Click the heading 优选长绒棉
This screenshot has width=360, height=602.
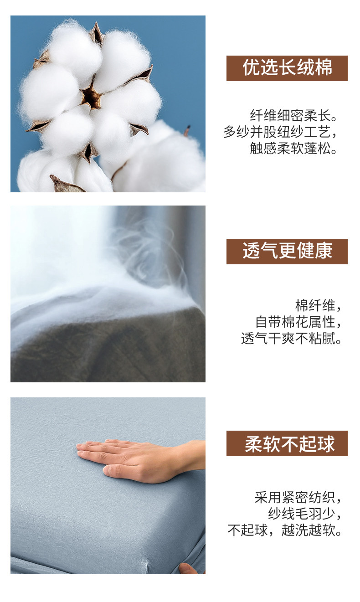[287, 68]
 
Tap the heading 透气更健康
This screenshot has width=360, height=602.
[287, 251]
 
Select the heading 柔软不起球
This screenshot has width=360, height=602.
[289, 443]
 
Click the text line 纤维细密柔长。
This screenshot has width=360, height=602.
[293, 116]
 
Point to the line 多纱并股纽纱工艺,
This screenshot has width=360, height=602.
[280, 132]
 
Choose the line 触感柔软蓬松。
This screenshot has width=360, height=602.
[293, 148]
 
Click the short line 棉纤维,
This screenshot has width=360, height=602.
[318, 306]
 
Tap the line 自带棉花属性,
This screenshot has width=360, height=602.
[298, 322]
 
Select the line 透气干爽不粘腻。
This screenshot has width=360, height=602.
[291, 338]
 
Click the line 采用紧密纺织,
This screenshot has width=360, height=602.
[298, 498]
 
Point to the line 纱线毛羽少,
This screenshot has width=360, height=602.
[305, 514]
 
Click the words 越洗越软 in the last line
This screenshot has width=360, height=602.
[308, 530]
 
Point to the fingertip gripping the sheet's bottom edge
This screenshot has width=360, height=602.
[186, 569]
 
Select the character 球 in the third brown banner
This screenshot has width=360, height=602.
[326, 443]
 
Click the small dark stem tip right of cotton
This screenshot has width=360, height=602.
[188, 129]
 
